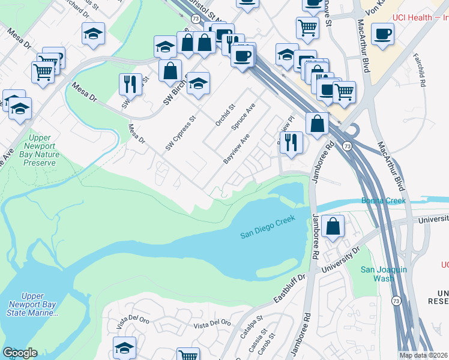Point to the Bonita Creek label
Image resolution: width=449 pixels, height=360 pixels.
coord(384,200)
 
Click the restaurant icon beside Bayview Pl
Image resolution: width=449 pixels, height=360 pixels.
coord(291,143)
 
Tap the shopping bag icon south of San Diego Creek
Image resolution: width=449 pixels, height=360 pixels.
coord(333,226)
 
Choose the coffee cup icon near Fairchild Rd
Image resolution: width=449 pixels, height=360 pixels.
coord(382,34)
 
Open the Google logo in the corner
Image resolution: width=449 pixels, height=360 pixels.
coord(20,352)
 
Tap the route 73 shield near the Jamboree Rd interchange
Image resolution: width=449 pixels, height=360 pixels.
coord(347,146)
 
